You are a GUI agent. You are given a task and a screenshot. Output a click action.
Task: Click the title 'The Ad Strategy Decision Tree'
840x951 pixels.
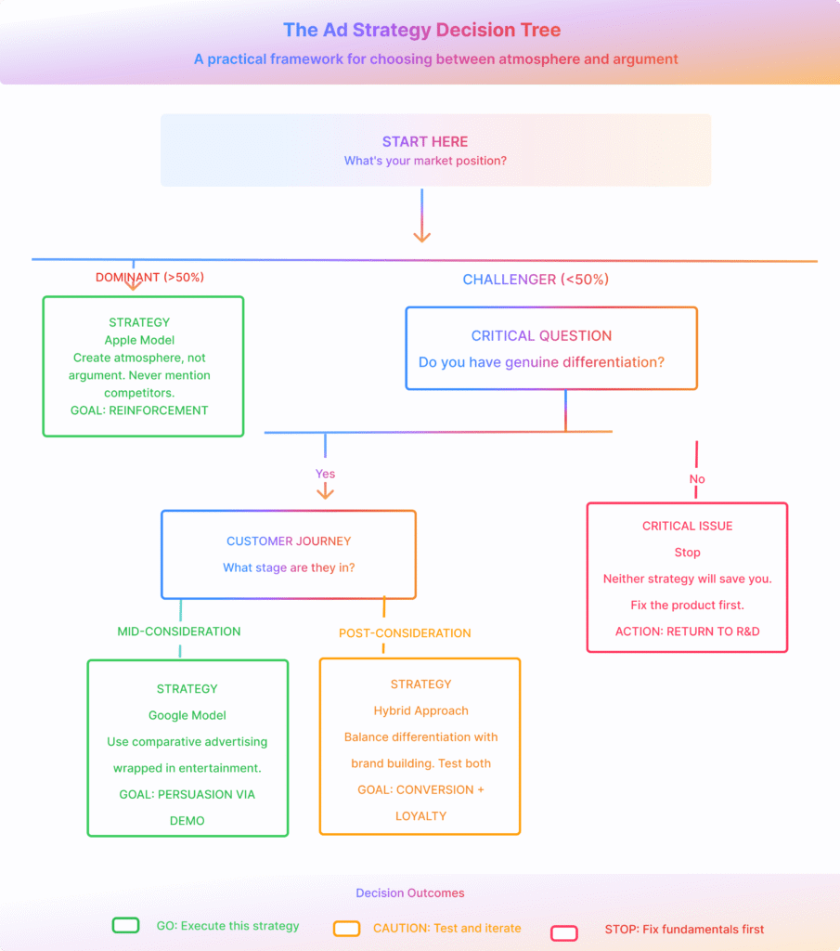(421, 30)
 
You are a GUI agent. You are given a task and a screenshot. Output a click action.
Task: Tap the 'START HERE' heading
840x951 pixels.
(425, 142)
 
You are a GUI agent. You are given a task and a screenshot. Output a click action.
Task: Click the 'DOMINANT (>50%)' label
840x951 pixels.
(149, 277)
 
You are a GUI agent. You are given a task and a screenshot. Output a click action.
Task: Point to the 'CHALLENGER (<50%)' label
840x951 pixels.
(536, 280)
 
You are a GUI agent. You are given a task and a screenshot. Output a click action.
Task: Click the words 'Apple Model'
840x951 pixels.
(139, 340)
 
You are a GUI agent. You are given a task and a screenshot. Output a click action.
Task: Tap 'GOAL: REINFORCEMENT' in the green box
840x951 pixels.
(139, 410)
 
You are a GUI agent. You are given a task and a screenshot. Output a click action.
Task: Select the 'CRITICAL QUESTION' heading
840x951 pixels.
(541, 336)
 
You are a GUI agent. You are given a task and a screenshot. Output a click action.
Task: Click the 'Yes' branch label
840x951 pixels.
(325, 474)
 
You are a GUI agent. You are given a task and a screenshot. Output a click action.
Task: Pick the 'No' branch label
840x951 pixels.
(697, 479)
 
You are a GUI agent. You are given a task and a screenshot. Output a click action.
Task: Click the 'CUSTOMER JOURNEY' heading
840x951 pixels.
(289, 541)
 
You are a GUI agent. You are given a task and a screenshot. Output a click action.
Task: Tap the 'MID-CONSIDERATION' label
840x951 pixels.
(178, 632)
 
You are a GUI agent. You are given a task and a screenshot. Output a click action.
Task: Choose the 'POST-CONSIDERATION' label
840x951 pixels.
(405, 633)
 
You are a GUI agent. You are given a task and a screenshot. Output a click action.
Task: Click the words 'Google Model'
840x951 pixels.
(187, 715)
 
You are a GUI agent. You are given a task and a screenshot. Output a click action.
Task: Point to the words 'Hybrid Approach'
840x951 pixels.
(420, 710)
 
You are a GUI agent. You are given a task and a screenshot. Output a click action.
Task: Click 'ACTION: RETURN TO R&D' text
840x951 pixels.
(687, 632)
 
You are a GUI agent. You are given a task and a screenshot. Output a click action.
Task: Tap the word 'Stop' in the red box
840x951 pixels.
(687, 553)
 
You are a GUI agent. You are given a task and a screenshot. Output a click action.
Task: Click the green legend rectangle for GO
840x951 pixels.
(125, 926)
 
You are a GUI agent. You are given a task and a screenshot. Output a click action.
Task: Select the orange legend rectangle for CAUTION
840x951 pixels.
(346, 929)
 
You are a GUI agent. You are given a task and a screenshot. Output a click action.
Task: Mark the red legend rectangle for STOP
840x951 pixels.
(564, 932)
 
